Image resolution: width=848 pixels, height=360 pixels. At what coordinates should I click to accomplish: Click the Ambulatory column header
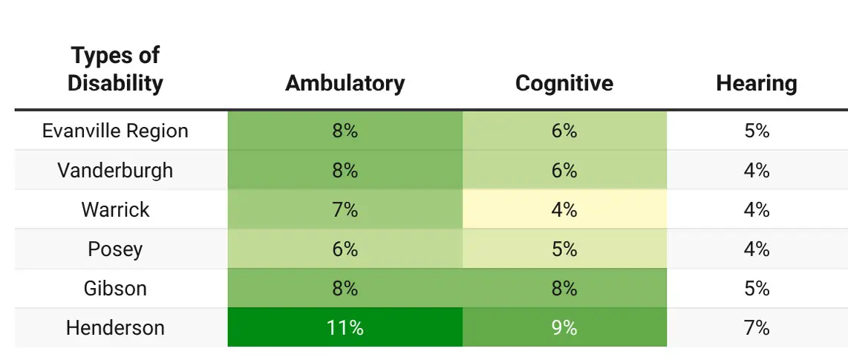click(x=345, y=83)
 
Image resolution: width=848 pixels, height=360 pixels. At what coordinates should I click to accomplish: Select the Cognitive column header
click(x=564, y=83)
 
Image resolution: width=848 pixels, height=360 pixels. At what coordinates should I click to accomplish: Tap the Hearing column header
click(x=756, y=83)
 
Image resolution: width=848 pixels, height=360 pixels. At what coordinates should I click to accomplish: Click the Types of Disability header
click(x=115, y=69)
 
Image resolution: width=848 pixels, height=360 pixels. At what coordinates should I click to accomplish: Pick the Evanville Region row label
click(x=115, y=131)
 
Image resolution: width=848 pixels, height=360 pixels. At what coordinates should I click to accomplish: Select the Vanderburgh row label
click(x=115, y=170)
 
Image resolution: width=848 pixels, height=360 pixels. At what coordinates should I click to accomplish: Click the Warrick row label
click(x=115, y=209)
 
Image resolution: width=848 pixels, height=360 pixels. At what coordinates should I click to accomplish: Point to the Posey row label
click(x=115, y=249)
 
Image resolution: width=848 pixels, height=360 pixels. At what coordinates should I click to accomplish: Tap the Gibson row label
click(x=115, y=288)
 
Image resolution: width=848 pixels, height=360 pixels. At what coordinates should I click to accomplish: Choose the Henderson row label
click(x=115, y=327)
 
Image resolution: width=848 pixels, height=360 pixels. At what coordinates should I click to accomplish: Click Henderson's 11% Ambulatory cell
click(x=345, y=327)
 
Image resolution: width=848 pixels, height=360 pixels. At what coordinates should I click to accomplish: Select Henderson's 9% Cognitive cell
click(x=564, y=327)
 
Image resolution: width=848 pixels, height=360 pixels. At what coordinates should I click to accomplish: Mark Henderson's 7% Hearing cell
click(x=756, y=327)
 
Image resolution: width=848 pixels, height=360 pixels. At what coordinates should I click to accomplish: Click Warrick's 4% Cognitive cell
click(x=564, y=209)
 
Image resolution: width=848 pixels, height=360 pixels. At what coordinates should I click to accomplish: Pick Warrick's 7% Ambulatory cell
click(x=345, y=209)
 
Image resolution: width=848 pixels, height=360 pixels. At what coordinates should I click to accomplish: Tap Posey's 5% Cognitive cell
click(x=564, y=249)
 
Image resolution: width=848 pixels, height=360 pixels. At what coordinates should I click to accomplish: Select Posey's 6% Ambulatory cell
click(x=345, y=249)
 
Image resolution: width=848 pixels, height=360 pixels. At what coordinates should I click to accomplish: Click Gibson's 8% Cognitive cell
click(x=564, y=288)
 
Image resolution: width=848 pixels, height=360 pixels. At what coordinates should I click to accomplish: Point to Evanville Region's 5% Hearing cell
click(x=756, y=131)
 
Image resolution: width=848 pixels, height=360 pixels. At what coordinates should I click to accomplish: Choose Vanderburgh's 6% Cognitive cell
click(x=564, y=170)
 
